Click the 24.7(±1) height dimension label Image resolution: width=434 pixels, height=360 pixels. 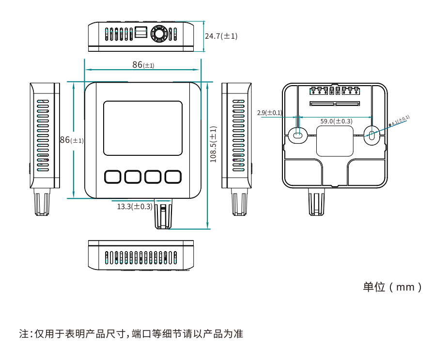click(221, 36)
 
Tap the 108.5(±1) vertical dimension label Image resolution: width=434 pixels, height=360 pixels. click(213, 144)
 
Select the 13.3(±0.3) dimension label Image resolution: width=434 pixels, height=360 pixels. click(135, 207)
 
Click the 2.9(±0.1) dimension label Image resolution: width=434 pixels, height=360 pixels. click(269, 113)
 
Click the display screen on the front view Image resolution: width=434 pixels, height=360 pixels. click(143, 128)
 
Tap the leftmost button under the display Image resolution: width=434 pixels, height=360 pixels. click(112, 177)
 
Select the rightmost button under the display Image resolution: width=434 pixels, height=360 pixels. click(173, 177)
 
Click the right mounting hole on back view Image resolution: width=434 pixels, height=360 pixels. click(371, 135)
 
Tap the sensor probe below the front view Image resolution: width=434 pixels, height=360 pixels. click(163, 213)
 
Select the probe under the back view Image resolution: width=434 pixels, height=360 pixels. click(316, 202)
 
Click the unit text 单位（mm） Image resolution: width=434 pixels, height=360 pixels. click(392, 287)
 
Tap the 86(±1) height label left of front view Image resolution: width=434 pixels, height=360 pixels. click(71, 140)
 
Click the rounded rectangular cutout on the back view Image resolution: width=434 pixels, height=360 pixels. click(335, 141)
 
